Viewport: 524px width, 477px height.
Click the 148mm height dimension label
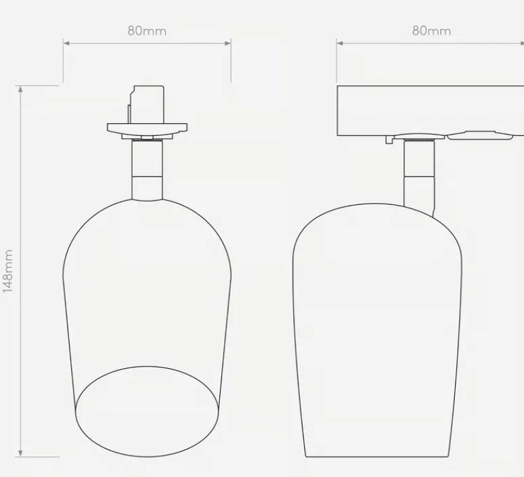tap(7, 271)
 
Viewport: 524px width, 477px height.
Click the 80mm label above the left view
tap(147, 30)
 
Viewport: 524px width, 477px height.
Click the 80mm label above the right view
tap(431, 30)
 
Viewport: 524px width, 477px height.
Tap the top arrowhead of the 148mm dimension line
tap(20, 89)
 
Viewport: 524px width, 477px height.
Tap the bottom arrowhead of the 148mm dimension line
tap(20, 453)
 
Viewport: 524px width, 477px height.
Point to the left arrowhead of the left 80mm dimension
tap(66, 43)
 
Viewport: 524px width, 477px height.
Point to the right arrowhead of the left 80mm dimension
tap(228, 43)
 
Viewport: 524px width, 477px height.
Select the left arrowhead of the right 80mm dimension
tap(340, 43)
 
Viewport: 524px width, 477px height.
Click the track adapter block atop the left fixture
tap(147, 105)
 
